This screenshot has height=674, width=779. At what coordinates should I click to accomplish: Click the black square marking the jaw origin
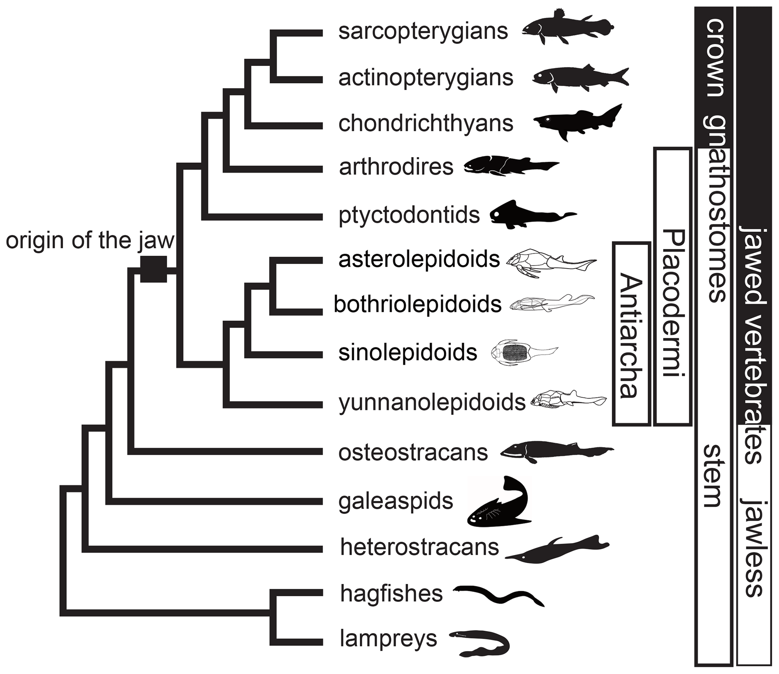(153, 269)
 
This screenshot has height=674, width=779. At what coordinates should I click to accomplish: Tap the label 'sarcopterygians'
(423, 32)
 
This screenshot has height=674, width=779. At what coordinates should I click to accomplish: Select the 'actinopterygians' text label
(425, 78)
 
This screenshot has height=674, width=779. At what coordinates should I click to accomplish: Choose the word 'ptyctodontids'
(409, 215)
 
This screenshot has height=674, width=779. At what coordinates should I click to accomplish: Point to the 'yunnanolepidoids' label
(432, 403)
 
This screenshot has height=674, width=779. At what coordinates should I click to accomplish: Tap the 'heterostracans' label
(419, 547)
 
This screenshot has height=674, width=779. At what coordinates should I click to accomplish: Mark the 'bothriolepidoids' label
(418, 305)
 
